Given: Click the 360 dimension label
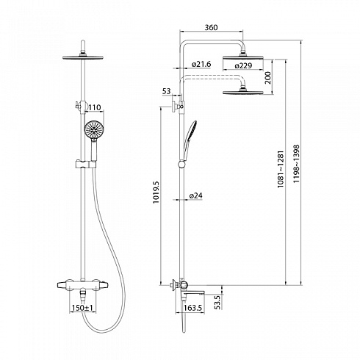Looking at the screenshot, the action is pos(211,27).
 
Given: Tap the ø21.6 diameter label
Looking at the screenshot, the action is pos(201,64).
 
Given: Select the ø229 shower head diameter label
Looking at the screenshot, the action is pos(243,65).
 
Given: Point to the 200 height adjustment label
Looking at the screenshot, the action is pos(268,78).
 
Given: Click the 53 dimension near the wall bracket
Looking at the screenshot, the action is pos(166,91).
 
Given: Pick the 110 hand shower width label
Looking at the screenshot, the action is pos(95,107).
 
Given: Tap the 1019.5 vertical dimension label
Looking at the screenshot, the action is pos(156,192).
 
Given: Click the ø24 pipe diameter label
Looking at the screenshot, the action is pos(196,195).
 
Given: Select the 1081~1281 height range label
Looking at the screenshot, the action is pos(281,169).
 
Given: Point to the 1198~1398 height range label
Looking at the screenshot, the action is pos(296,164).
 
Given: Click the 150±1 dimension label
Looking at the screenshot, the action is pos(82,308).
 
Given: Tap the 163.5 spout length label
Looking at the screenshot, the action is pos(194,308).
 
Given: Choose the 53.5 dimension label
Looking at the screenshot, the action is pos(217,302).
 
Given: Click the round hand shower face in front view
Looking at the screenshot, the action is pos(94,129).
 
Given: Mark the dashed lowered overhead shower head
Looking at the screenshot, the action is pos(243,93).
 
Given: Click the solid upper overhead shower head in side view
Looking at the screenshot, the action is pos(243,58).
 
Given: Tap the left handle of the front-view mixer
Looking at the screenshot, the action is pos(63,285).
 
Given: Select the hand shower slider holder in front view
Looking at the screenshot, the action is pos(86,165).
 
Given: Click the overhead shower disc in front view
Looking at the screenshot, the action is pos(83,58).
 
